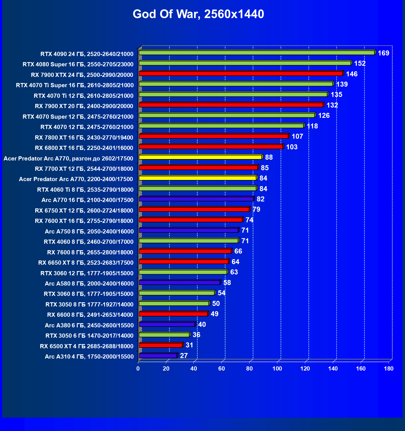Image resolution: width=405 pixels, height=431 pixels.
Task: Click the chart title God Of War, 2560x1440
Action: coord(198,14)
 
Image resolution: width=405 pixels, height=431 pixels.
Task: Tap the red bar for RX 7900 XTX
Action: coord(241,74)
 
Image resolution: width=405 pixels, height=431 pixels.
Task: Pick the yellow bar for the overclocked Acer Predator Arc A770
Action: coord(200,157)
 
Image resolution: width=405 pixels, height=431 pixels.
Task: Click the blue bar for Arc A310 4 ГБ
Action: coord(158,356)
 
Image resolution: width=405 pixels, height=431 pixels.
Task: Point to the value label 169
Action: coord(383,53)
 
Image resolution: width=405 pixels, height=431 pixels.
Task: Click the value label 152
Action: coord(360,64)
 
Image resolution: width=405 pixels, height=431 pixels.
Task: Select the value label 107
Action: coord(297,137)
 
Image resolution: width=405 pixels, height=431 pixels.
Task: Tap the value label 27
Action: coord(184,356)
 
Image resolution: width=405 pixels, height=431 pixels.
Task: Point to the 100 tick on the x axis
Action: coord(277,369)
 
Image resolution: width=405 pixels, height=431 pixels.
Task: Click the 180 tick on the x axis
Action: coord(389,369)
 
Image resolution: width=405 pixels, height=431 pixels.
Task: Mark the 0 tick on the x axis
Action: coord(138,369)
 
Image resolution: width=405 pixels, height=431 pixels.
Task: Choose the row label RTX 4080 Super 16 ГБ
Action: coord(78,64)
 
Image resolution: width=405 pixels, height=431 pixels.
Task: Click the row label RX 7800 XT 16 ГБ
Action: coord(84,138)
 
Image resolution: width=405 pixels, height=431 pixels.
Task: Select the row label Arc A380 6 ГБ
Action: coord(89,325)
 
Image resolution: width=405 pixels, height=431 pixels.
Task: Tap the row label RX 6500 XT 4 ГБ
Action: coord(87,346)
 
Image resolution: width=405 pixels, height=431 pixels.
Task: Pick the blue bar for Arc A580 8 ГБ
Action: coord(180,283)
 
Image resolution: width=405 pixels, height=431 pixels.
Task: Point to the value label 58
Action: coord(227,283)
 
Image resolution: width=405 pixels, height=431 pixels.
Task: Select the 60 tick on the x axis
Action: coord(222,369)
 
